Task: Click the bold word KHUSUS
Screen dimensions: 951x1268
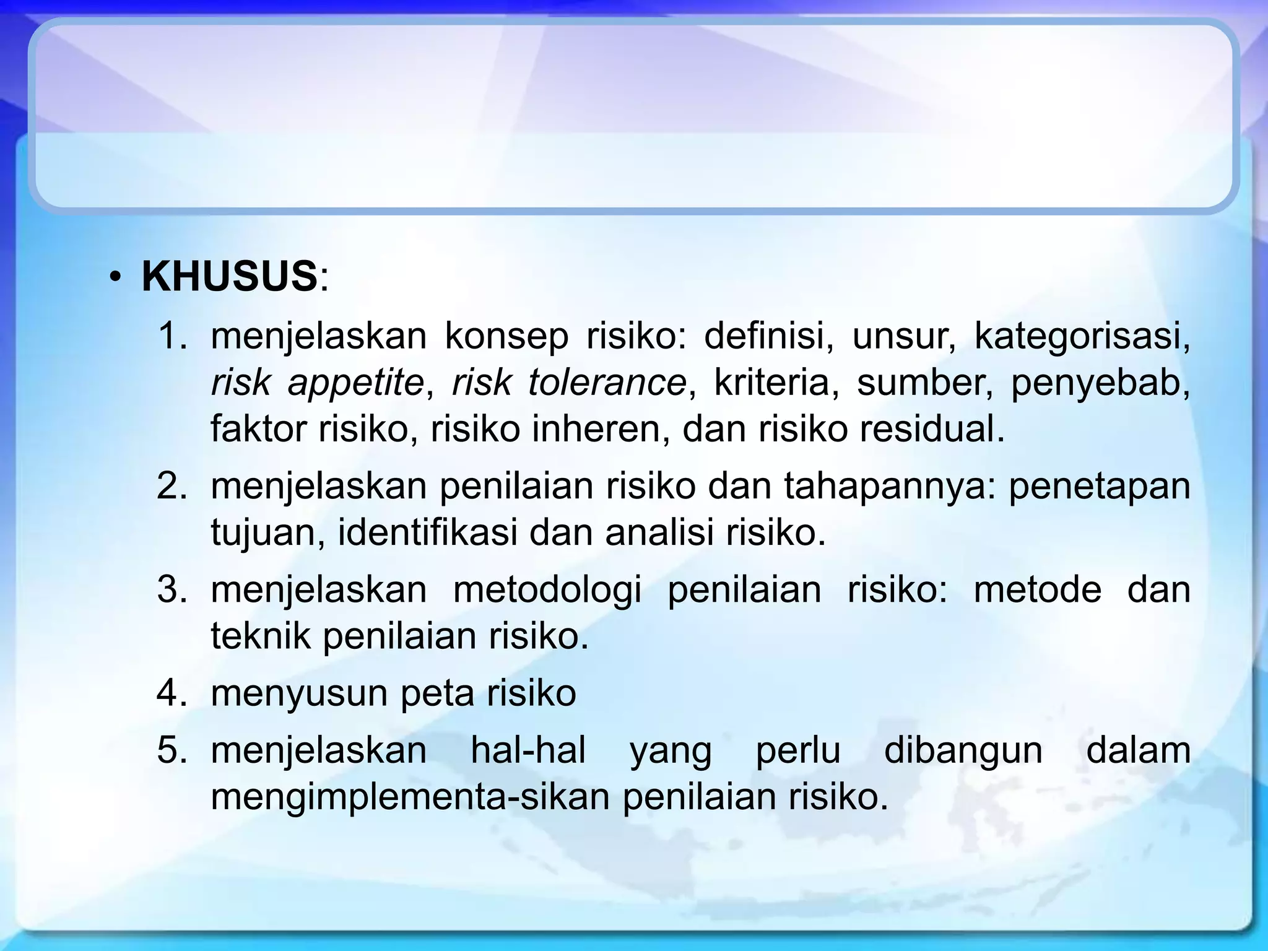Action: (229, 277)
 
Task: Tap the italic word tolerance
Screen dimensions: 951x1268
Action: (607, 383)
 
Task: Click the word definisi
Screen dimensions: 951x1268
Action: (768, 336)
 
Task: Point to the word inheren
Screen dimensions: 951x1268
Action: (599, 429)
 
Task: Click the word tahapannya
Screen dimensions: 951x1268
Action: (891, 487)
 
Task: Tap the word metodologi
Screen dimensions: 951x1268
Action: (547, 590)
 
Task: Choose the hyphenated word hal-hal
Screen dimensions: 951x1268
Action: (528, 750)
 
